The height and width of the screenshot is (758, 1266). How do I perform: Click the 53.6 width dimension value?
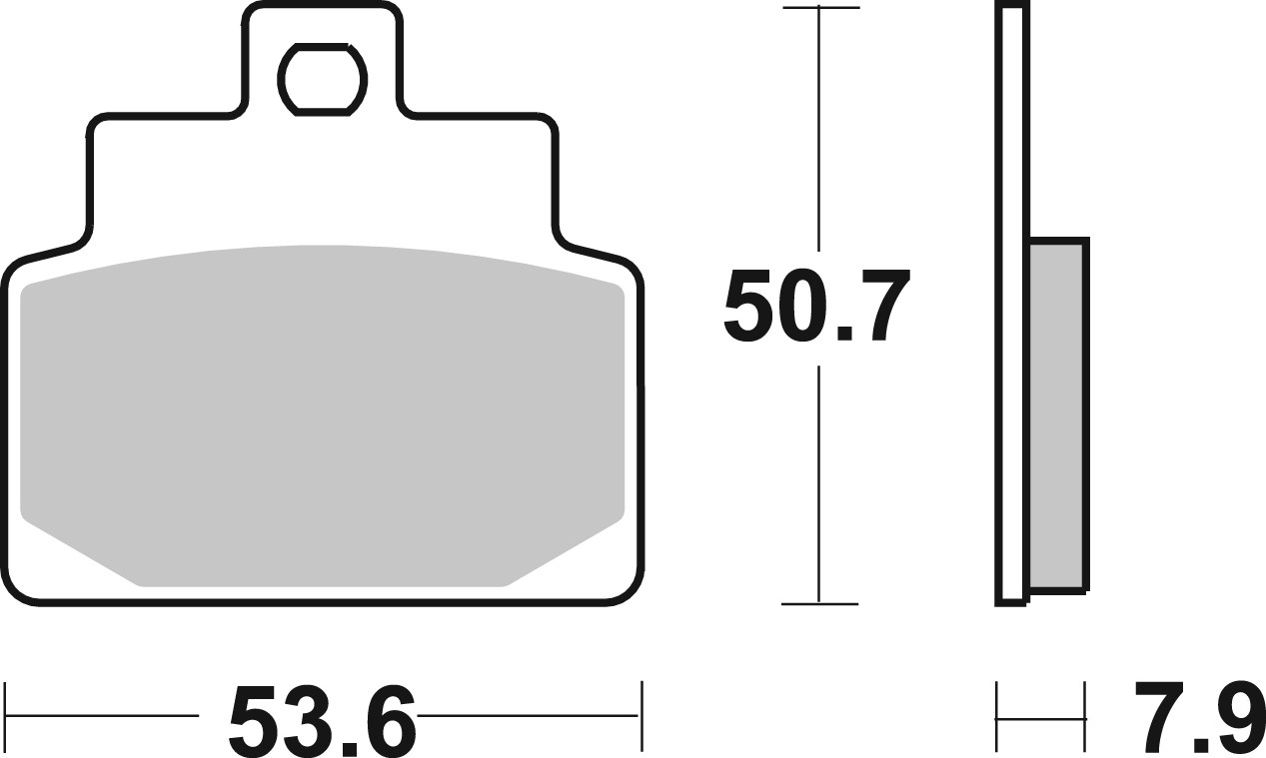pos(322,718)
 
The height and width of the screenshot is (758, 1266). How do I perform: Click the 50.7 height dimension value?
pos(817,307)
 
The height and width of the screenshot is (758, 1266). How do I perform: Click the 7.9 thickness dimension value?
pos(1196,718)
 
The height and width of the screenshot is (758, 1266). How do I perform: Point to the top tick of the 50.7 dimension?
pos(819,9)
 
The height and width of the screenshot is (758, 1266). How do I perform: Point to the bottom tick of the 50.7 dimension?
pos(819,603)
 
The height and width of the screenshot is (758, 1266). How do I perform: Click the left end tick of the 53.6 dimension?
pos(7,716)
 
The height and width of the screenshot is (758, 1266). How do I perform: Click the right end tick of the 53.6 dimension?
pos(641,716)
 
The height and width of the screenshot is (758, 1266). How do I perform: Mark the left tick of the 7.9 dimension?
pos(997,716)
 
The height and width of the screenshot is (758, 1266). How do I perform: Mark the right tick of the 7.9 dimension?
pos(1085,716)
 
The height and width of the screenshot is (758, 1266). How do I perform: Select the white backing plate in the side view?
pos(1011,300)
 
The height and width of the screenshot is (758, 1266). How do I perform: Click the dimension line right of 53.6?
pos(530,716)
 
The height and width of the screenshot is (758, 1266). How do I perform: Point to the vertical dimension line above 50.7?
pos(819,130)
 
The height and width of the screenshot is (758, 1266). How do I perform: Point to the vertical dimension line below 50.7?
pos(819,479)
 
